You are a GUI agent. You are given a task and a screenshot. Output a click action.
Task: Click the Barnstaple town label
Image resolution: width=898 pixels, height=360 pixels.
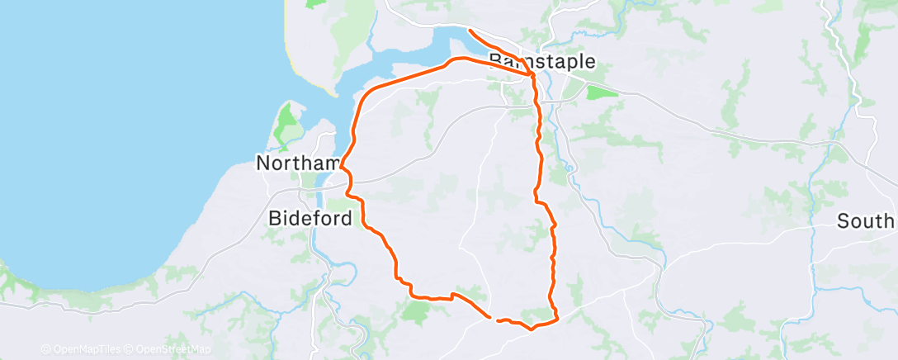tap(542, 61)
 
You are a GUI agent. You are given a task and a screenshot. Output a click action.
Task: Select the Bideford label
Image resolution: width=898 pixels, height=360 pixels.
tap(310, 219)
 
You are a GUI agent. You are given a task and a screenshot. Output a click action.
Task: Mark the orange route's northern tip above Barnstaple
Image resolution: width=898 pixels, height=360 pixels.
tap(470, 31)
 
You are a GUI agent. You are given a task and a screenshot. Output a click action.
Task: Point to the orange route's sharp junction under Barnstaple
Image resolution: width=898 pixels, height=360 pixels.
tap(532, 76)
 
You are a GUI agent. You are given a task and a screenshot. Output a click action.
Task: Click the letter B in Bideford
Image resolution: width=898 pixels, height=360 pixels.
tap(276, 219)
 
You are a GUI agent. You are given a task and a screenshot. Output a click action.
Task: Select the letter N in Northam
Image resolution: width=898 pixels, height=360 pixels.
tap(263, 163)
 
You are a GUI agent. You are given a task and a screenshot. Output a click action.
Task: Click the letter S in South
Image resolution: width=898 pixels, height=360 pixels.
tap(844, 221)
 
